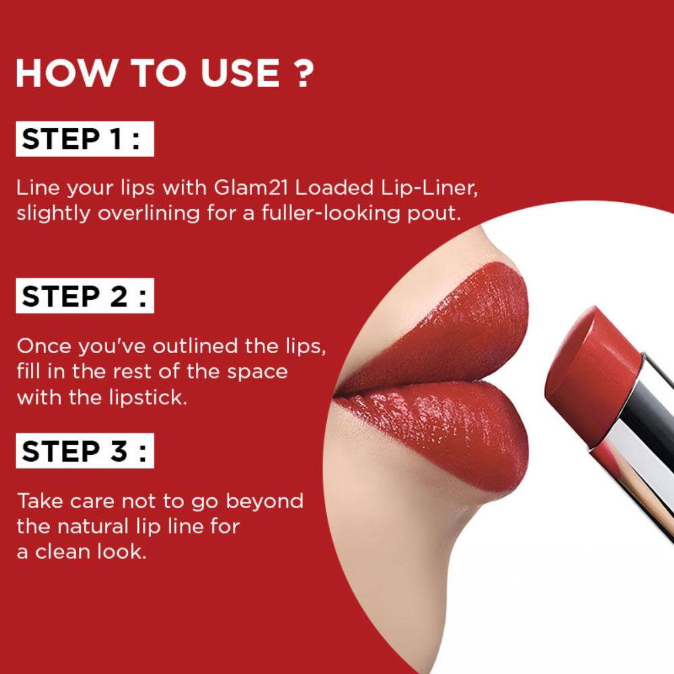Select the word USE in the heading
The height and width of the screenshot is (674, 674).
tap(240, 72)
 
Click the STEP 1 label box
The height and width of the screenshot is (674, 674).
tap(85, 139)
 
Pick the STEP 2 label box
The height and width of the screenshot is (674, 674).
tap(85, 296)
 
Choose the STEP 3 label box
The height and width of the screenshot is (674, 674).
tap(85, 450)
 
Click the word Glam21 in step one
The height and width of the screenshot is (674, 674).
tap(251, 187)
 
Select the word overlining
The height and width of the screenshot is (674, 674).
tap(149, 214)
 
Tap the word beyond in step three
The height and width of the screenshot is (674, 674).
tap(264, 501)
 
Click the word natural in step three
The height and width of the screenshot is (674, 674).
tap(93, 526)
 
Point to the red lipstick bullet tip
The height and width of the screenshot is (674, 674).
tap(591, 378)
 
